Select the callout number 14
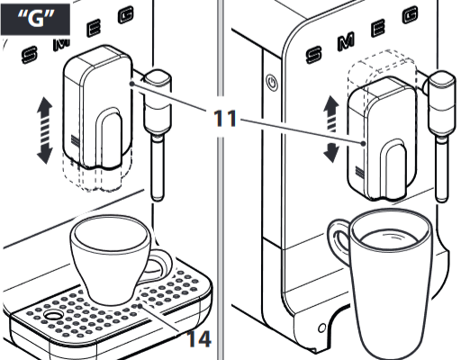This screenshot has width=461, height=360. coord(202,339)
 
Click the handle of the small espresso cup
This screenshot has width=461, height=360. coord(161,265)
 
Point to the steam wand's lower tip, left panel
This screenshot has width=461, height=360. coord(158,191)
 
